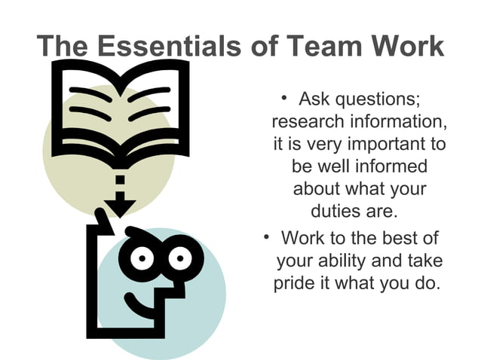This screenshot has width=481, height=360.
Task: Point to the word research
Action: [305, 121]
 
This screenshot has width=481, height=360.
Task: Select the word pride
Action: [296, 284]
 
